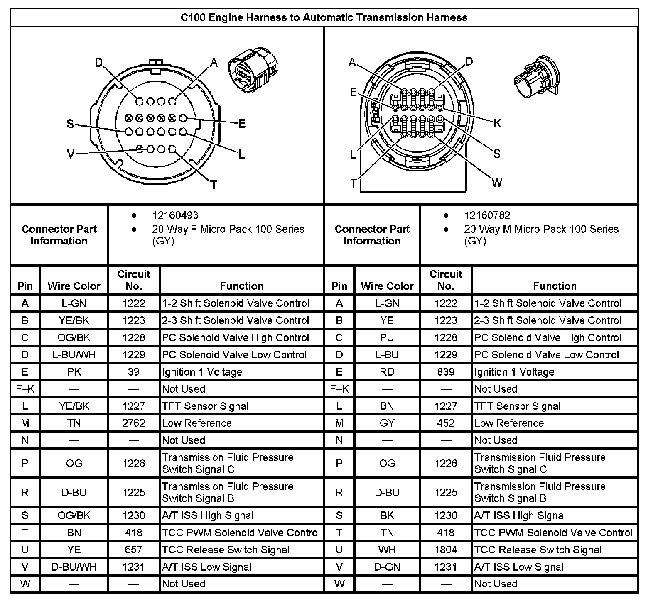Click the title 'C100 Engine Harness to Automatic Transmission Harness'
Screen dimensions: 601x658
[x=324, y=17]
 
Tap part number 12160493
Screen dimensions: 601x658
[x=175, y=215]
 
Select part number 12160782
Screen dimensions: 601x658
[x=487, y=215]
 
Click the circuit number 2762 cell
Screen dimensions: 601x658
[x=134, y=423]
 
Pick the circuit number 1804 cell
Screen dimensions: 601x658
[x=446, y=550]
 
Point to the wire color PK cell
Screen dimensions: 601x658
[x=74, y=372]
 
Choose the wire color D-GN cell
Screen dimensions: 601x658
[x=387, y=567]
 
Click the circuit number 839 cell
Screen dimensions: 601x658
[x=446, y=372]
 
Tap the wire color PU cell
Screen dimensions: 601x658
[x=387, y=338]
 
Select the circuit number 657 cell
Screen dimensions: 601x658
[x=134, y=550]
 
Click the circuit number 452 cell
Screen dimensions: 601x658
[x=446, y=423]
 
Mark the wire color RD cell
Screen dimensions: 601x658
[x=387, y=372]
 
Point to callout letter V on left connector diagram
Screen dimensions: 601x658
[x=71, y=154]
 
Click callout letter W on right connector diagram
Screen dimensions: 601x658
[x=497, y=183]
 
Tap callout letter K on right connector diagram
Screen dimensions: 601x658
[x=497, y=123]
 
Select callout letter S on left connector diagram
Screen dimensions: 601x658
[x=70, y=124]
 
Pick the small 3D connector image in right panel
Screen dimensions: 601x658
[x=536, y=78]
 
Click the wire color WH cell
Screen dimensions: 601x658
[x=387, y=550]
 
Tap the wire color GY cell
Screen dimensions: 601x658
[x=387, y=423]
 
